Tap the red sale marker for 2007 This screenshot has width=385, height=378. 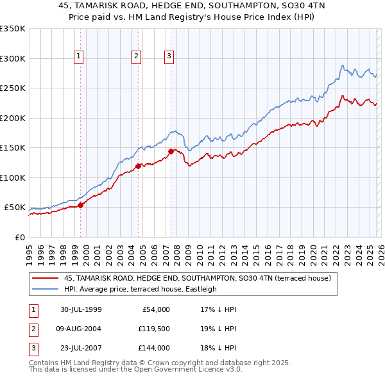pyautogui.click(x=171, y=152)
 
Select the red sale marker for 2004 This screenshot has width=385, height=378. pyautogui.click(x=138, y=167)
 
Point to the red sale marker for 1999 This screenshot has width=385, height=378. pyautogui.click(x=81, y=205)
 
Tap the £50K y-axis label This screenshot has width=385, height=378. pyautogui.click(x=15, y=208)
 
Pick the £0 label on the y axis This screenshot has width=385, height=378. pyautogui.click(x=20, y=237)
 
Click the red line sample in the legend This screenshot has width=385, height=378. pyautogui.click(x=46, y=278)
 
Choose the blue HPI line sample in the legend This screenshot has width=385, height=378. pyautogui.click(x=46, y=289)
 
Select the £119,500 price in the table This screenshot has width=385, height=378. pyautogui.click(x=154, y=328)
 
